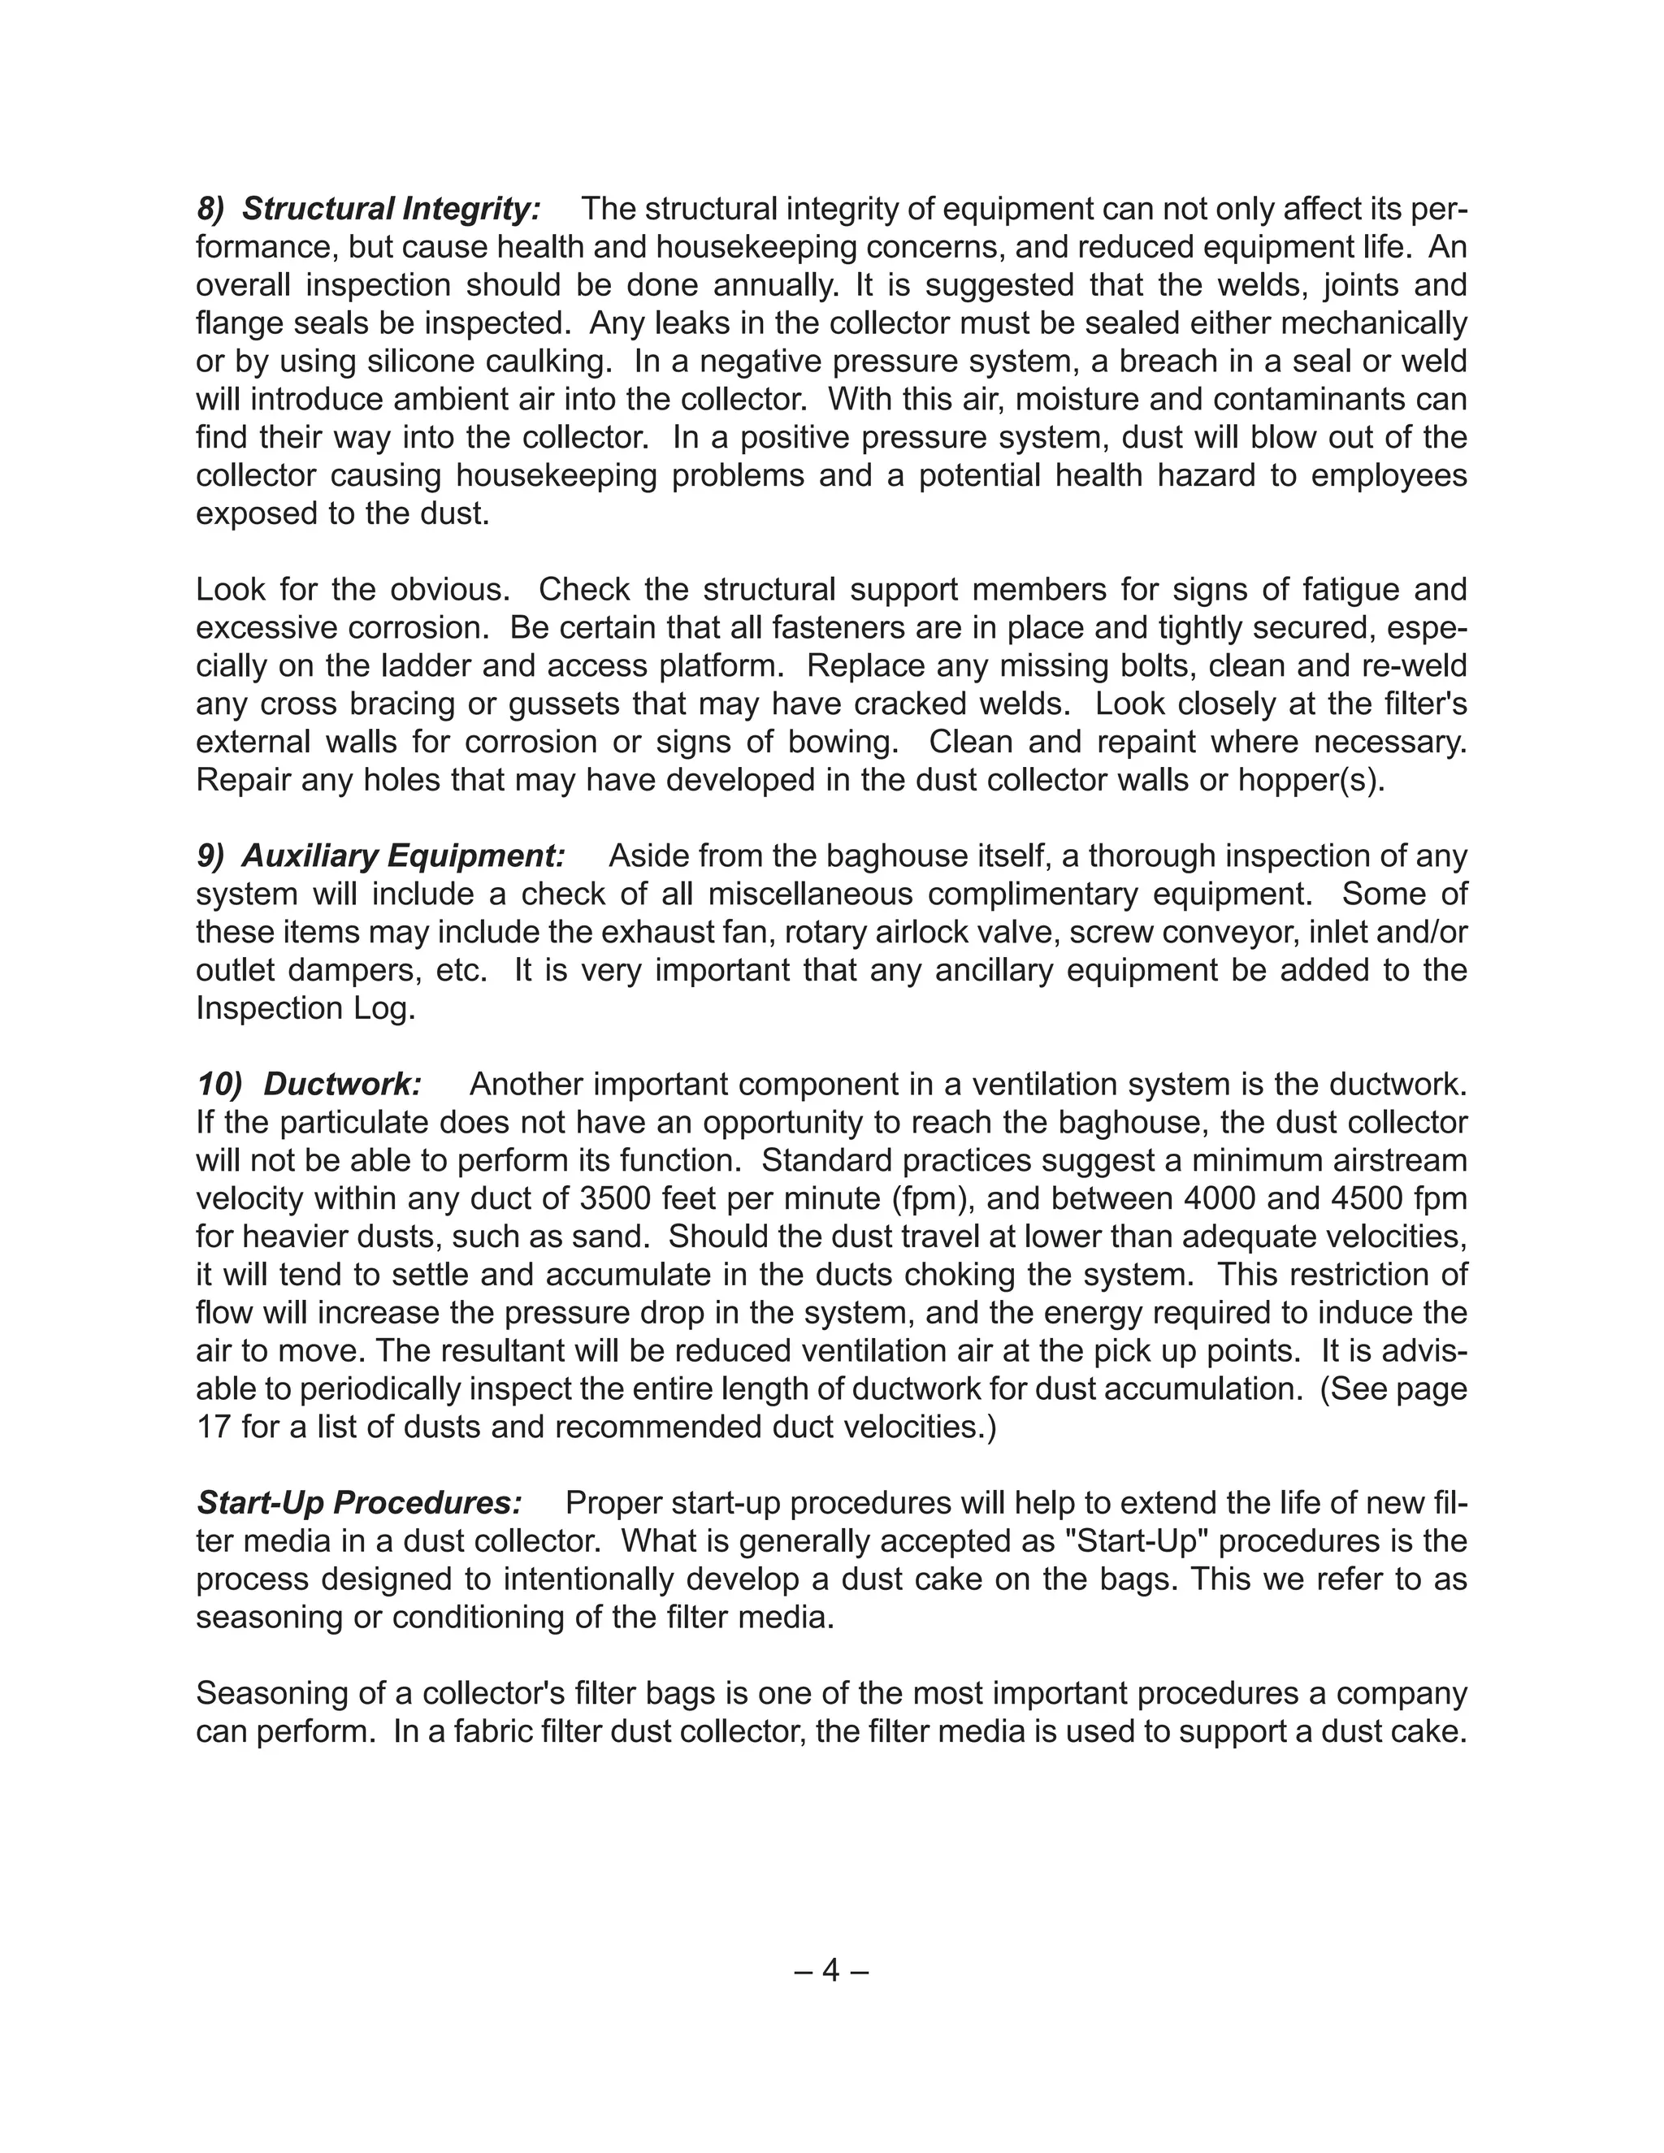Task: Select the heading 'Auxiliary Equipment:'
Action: (403, 856)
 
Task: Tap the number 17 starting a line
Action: (213, 1427)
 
